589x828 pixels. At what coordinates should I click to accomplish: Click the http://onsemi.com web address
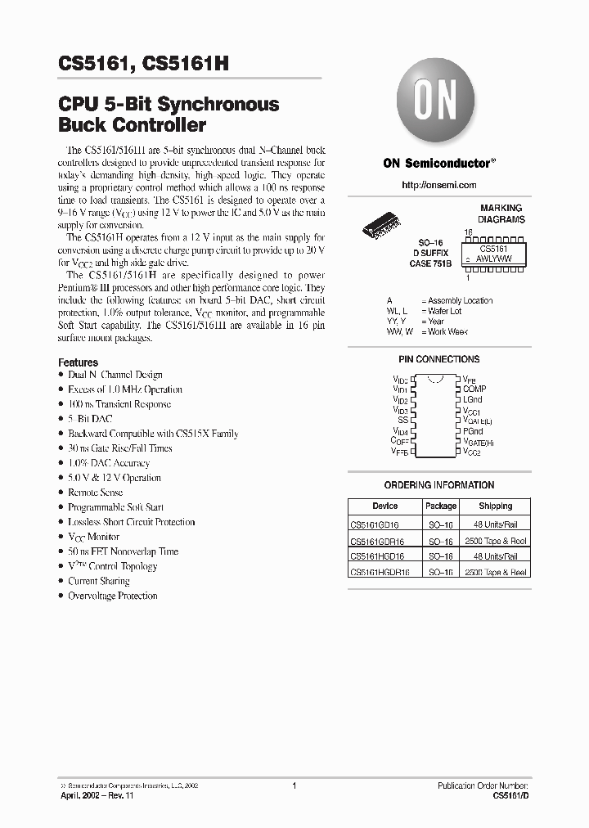point(438,186)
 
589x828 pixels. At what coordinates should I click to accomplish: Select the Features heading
point(78,362)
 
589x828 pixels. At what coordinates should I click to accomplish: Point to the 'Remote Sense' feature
point(95,493)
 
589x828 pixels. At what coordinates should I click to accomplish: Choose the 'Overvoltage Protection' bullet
point(113,596)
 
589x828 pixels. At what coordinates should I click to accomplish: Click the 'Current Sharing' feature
point(99,581)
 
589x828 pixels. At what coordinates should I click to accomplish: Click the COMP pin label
point(474,389)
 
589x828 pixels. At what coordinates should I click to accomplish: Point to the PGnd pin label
point(473,430)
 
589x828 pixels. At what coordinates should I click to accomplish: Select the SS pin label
point(402,420)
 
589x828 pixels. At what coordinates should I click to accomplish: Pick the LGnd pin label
point(473,400)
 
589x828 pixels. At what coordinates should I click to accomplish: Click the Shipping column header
point(495,506)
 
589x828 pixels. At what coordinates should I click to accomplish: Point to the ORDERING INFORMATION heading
point(438,485)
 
